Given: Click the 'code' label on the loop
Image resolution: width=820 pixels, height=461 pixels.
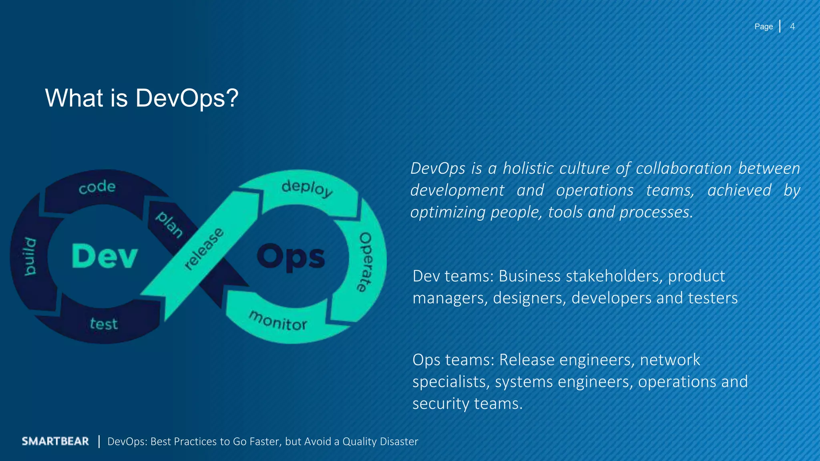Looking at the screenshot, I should pyautogui.click(x=97, y=187).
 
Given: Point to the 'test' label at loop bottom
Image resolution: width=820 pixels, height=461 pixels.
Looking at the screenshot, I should pyautogui.click(x=104, y=323).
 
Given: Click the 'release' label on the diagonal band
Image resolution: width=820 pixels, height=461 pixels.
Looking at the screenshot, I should pyautogui.click(x=204, y=249).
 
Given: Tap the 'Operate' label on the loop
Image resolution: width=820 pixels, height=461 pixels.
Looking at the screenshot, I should pyautogui.click(x=365, y=262).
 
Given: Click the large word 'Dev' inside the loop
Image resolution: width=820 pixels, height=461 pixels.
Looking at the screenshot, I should pyautogui.click(x=105, y=256).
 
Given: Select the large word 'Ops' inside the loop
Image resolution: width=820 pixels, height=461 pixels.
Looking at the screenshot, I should pyautogui.click(x=291, y=257).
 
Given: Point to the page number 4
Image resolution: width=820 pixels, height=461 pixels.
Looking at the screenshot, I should pyautogui.click(x=792, y=26).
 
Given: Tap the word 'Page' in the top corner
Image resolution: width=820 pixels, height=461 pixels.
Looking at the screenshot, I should pyautogui.click(x=764, y=26).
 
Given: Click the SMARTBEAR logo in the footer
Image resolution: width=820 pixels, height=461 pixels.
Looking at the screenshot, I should pyautogui.click(x=55, y=441).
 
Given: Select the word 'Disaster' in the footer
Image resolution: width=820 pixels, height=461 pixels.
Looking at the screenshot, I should pyautogui.click(x=399, y=441).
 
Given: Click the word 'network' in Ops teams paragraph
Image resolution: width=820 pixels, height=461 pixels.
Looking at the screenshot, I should pyautogui.click(x=670, y=360).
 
